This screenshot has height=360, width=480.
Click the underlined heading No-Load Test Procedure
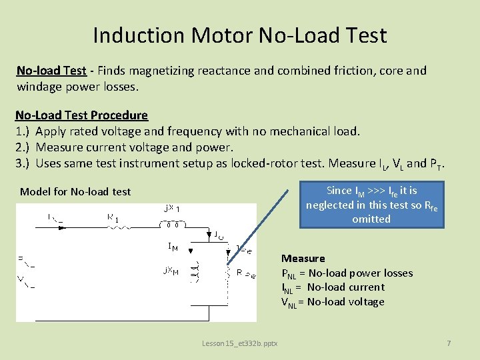coord(81,115)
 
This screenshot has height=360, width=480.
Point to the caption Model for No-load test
coord(75,192)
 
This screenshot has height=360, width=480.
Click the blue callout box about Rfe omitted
coord(371,205)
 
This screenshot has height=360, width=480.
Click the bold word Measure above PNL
coord(303,258)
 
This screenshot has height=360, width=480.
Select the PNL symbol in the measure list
coord(289,273)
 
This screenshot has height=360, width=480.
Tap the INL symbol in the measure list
coord(288,288)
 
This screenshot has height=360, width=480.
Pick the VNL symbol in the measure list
coord(289,303)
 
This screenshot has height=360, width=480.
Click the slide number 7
coord(449,343)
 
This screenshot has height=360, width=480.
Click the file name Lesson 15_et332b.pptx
coord(240,343)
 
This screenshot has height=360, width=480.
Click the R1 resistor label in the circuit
coord(113,217)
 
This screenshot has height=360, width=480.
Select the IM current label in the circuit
coord(173,247)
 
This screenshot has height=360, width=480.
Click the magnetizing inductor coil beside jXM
coord(194,272)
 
